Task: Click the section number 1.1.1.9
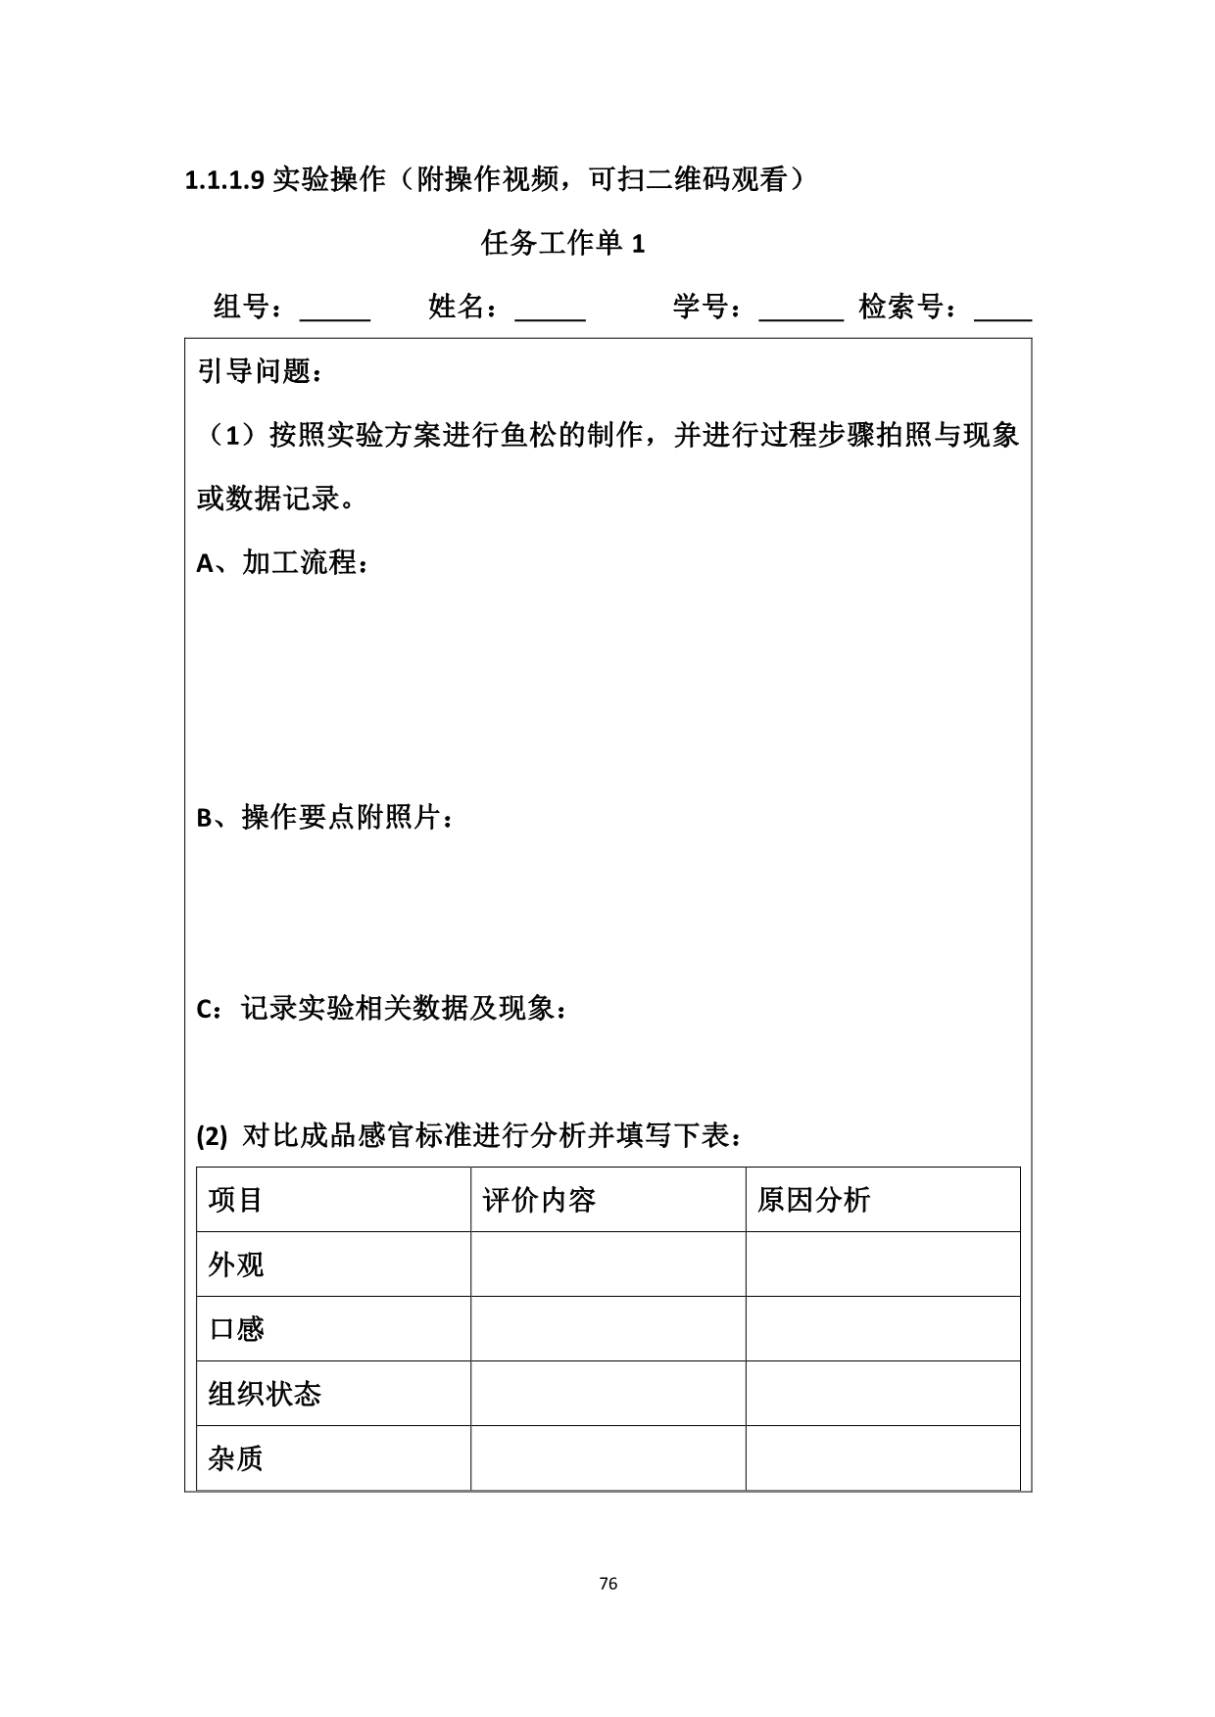pos(224,180)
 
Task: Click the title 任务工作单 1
pos(562,243)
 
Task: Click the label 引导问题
pos(260,371)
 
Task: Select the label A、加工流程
pos(282,562)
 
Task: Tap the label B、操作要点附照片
pos(325,817)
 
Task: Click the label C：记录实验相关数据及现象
pos(382,1008)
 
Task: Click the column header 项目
pos(236,1200)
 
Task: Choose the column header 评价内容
pos(539,1200)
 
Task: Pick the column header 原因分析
pos(813,1200)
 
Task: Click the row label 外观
pos(236,1264)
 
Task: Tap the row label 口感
pos(236,1329)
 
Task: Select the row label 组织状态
pos(265,1394)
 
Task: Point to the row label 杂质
pos(236,1458)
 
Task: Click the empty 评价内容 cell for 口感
pos(607,1329)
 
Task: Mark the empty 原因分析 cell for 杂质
pos(882,1458)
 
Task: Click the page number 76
pos(607,1584)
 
